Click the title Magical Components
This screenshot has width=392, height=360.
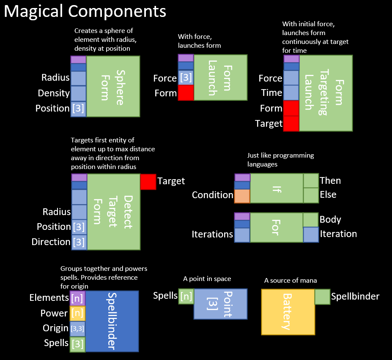(x=85, y=11)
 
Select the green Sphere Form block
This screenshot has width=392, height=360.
(x=113, y=86)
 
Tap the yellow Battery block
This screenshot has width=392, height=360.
(x=288, y=312)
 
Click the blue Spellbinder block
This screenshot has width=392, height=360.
(x=112, y=321)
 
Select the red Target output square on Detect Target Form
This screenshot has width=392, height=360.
(x=148, y=182)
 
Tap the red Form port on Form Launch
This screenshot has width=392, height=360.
(x=186, y=93)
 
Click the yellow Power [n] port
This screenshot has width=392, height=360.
(x=77, y=313)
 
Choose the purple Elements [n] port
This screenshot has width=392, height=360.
(x=77, y=298)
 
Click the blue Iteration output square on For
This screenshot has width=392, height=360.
(x=311, y=235)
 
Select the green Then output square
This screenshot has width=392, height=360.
(x=311, y=180)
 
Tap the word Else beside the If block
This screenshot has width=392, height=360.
(x=328, y=195)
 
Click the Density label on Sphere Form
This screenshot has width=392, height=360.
(x=54, y=93)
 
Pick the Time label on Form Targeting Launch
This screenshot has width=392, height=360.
(x=271, y=93)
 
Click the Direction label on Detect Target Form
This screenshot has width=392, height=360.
(x=51, y=242)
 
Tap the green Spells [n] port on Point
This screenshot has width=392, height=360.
(x=186, y=296)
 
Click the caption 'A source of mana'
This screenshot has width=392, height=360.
(x=290, y=280)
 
